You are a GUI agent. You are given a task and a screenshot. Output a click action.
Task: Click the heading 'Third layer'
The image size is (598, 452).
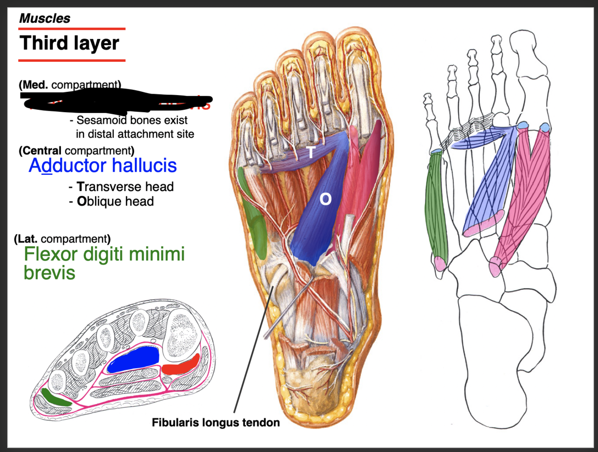point(69,43)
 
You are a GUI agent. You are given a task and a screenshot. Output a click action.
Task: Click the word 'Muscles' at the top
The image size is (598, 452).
point(45,18)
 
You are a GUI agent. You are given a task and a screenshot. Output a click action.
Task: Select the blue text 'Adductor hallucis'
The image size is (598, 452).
point(103,165)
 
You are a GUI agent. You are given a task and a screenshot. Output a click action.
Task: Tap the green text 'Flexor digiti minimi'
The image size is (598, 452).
point(104,254)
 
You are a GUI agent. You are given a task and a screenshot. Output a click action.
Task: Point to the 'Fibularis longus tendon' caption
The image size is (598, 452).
point(216,422)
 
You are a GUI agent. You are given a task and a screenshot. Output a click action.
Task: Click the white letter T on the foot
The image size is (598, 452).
point(311,152)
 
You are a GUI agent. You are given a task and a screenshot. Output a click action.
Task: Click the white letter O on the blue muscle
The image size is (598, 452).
point(325,199)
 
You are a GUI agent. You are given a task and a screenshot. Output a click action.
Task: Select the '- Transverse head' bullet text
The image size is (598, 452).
point(121,187)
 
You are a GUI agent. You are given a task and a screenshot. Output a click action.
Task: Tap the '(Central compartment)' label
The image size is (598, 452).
point(77,151)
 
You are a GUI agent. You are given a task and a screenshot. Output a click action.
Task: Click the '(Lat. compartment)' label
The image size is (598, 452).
point(62,239)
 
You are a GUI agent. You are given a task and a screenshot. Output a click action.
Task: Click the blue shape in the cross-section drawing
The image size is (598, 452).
point(134,360)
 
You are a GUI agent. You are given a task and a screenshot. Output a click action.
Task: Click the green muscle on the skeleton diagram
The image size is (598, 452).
point(438,206)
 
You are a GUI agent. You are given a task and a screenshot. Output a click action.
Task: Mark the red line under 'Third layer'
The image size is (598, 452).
point(72,60)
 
